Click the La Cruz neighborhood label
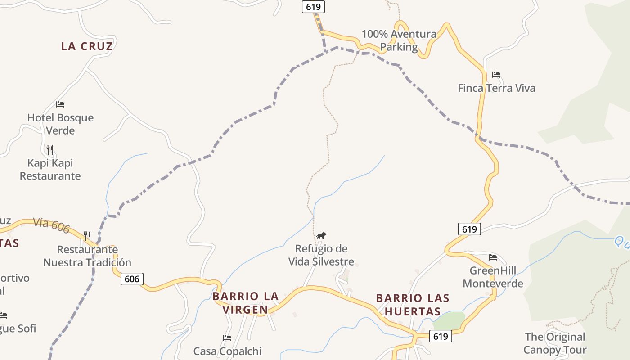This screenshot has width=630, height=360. (x=87, y=46)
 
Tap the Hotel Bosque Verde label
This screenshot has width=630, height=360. (x=60, y=124)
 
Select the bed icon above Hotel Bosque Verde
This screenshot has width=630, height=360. (x=60, y=104)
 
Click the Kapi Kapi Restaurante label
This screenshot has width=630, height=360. (x=50, y=169)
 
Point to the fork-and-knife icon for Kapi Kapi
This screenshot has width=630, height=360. (x=50, y=149)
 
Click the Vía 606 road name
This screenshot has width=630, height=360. (x=51, y=225)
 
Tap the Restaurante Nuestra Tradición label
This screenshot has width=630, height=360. (x=87, y=256)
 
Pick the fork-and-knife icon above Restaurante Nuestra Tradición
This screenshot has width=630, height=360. (x=87, y=236)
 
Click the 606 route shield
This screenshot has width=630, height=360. (x=132, y=279)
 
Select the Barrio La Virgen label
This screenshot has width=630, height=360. (x=246, y=303)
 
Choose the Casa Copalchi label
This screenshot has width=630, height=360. (x=227, y=351)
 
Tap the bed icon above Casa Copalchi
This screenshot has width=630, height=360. (x=227, y=337)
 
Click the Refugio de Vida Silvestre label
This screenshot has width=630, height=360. (x=321, y=255)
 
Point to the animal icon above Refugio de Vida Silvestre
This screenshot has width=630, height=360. (x=321, y=235)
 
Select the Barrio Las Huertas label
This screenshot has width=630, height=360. (x=413, y=305)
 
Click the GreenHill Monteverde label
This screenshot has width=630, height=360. (x=493, y=277)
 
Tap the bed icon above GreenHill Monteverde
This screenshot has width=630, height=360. (x=493, y=257)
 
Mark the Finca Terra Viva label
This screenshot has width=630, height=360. (x=496, y=88)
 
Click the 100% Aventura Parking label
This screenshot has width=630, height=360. (x=399, y=40)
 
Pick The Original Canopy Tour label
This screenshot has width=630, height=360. (x=555, y=343)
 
